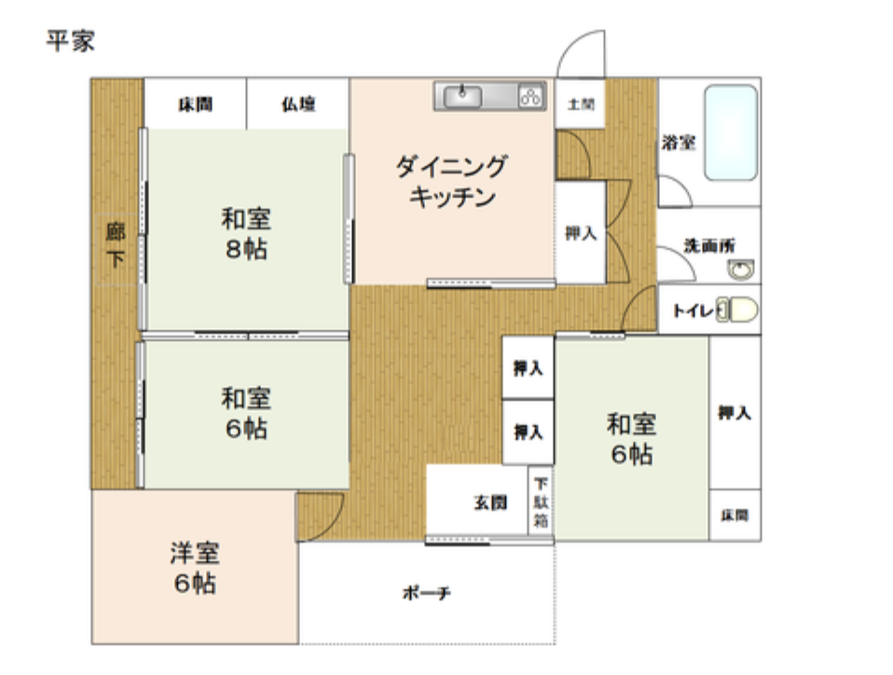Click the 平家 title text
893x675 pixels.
71,41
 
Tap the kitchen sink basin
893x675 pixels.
462,96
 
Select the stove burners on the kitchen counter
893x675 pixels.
530,96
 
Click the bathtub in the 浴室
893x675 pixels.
731,132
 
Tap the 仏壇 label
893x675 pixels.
298,104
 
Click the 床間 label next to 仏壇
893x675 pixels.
196,104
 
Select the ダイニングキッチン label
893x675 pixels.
451,182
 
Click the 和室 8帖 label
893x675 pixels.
246,234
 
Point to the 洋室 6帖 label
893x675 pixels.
195,568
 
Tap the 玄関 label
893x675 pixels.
489,503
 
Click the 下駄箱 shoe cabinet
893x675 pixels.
541,503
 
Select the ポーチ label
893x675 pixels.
427,593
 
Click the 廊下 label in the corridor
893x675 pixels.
116,245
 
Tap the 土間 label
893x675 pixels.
581,104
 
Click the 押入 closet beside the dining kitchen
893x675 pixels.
581,232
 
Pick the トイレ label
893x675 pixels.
694,310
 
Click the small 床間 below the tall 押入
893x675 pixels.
735,515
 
